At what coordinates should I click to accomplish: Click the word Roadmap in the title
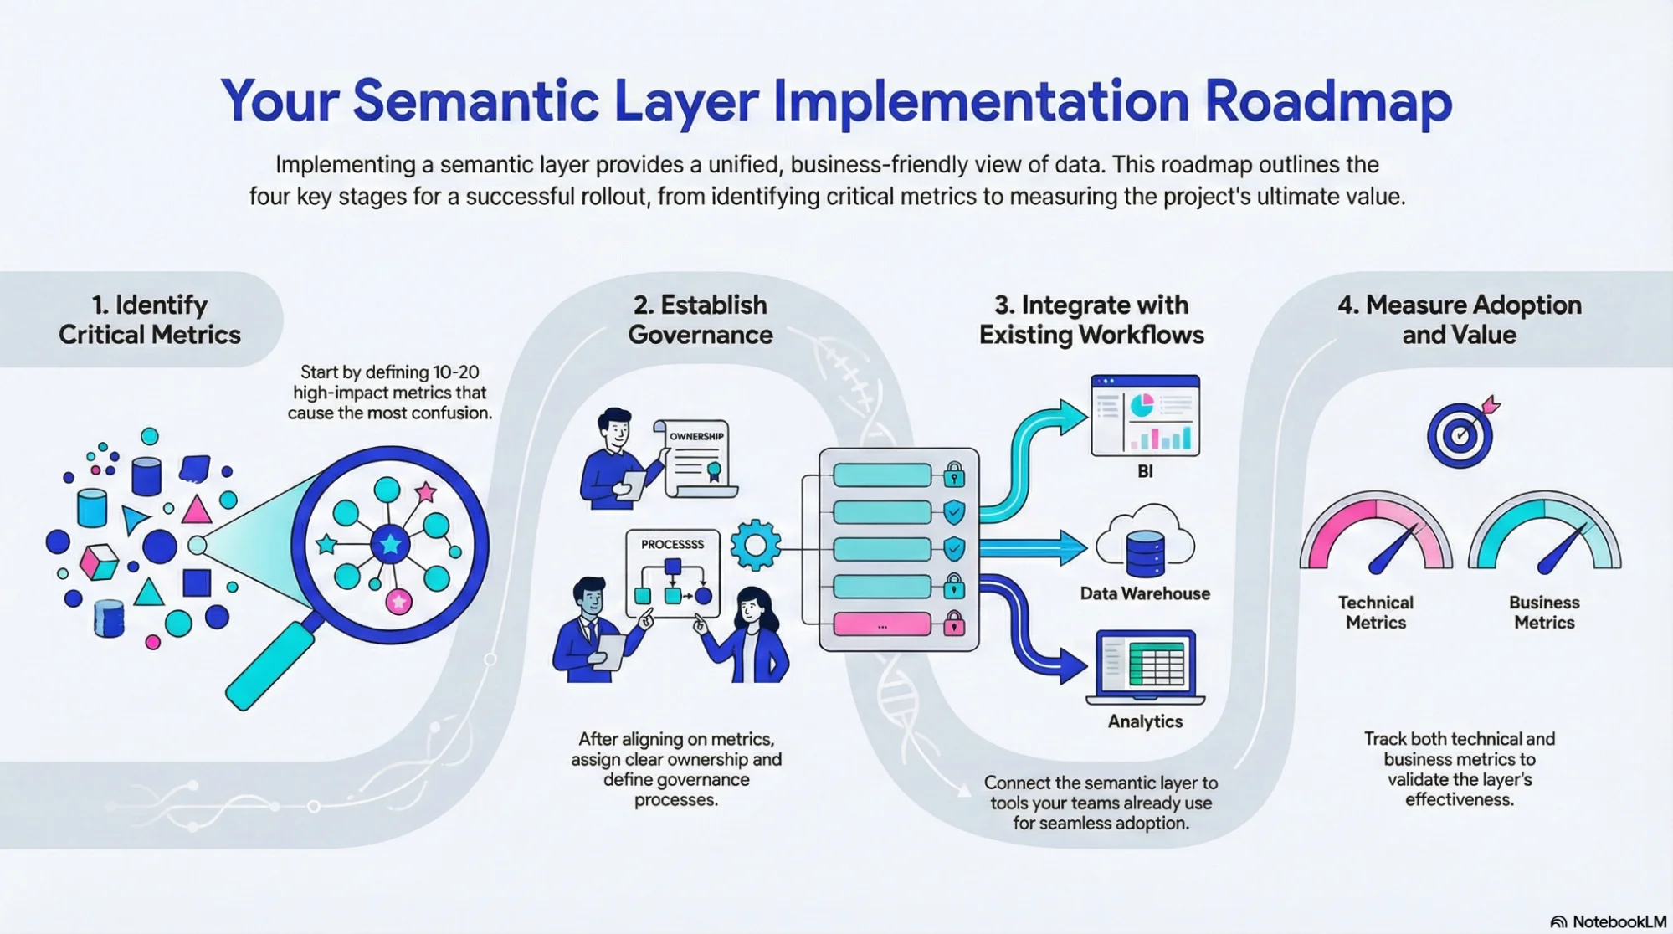click(x=1328, y=102)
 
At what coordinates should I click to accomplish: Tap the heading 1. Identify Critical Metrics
click(x=150, y=320)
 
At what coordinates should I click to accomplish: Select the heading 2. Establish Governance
click(x=700, y=320)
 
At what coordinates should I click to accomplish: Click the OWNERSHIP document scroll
click(x=697, y=459)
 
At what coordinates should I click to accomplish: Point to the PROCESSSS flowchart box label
click(x=672, y=544)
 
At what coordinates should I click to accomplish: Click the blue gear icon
click(x=755, y=545)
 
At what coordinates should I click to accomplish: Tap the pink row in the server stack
click(x=882, y=625)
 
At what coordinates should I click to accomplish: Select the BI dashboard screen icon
click(x=1145, y=416)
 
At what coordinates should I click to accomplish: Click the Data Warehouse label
click(x=1145, y=594)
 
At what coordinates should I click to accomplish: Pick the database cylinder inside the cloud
click(x=1145, y=554)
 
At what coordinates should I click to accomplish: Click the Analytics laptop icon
click(x=1145, y=667)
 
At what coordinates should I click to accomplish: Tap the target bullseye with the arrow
click(x=1461, y=434)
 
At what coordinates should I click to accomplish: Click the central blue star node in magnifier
click(x=390, y=545)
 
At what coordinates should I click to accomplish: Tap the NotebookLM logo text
click(x=1619, y=921)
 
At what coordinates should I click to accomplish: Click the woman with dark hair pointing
click(x=749, y=636)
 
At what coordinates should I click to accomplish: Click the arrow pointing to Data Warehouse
click(x=1034, y=549)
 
